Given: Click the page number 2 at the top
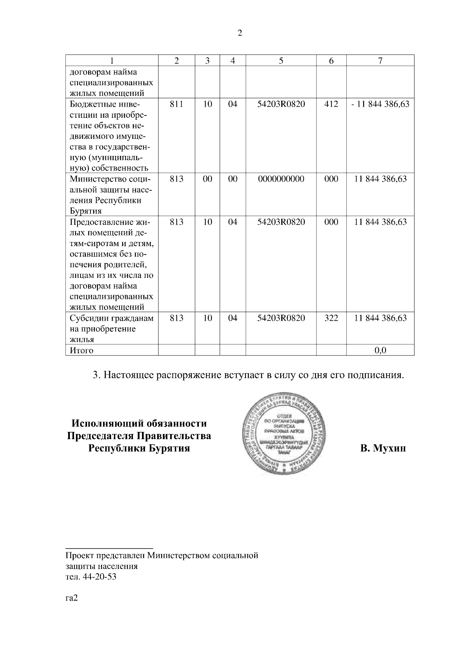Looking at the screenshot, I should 240,33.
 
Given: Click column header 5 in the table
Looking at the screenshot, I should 281,60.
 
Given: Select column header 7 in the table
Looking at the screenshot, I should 380,60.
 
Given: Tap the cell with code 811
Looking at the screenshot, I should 176,104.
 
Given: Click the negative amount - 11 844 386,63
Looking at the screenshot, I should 380,104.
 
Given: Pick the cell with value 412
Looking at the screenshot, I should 331,104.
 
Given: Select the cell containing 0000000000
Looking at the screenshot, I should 281,179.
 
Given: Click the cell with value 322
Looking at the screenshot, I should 331,318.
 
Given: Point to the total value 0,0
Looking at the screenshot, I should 380,350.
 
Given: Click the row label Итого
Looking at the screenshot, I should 81,350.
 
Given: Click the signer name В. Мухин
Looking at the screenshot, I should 383,448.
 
